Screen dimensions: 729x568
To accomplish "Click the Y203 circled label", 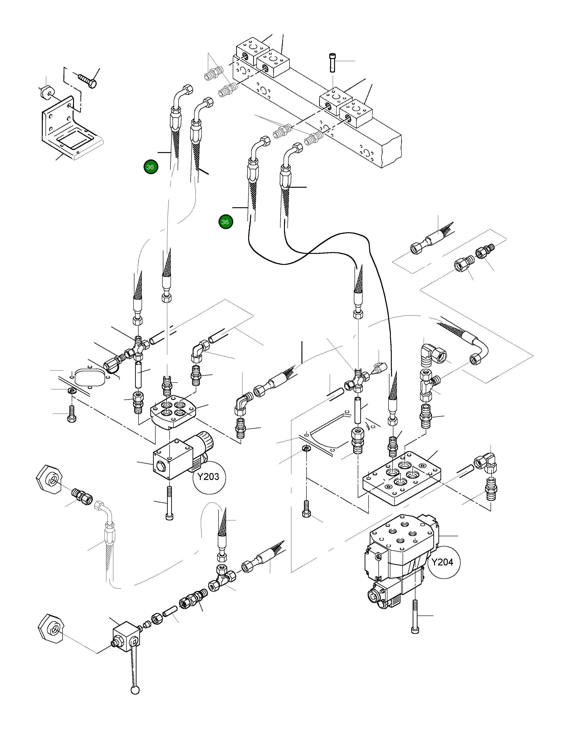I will pyautogui.click(x=208, y=477).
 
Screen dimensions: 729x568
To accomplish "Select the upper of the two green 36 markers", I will pyautogui.click(x=151, y=167).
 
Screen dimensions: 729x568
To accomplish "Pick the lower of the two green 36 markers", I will pyautogui.click(x=226, y=222).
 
